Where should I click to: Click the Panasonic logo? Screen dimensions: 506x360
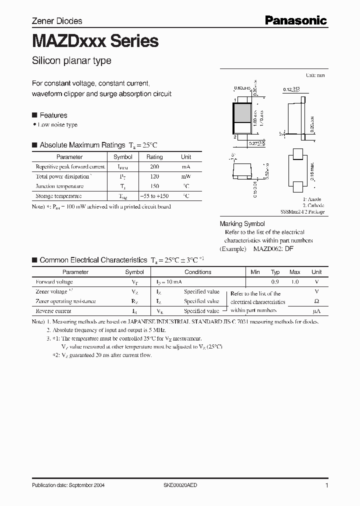(x=295, y=20)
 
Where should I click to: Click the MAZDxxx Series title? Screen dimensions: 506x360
(x=95, y=41)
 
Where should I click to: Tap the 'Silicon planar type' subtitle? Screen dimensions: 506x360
(x=71, y=61)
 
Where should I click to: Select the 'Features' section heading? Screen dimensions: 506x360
(x=53, y=115)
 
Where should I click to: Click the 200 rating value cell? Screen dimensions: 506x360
(x=154, y=166)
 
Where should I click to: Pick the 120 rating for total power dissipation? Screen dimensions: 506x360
(x=154, y=176)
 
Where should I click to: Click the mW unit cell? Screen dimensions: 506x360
(x=186, y=176)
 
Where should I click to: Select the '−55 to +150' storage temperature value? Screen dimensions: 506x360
(x=154, y=196)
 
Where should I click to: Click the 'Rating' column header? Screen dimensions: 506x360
(x=154, y=157)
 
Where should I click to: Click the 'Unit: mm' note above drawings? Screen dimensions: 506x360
(x=314, y=75)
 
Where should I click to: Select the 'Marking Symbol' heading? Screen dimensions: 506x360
(x=242, y=224)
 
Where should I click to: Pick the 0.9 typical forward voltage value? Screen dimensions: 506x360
(x=275, y=282)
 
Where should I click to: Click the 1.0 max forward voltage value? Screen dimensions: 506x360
(x=295, y=282)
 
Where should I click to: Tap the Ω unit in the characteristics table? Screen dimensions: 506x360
(x=316, y=301)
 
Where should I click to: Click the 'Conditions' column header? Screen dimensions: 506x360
(x=198, y=272)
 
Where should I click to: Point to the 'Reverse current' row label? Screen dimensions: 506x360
(x=53, y=311)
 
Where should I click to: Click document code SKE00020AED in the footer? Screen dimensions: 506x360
(x=183, y=485)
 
